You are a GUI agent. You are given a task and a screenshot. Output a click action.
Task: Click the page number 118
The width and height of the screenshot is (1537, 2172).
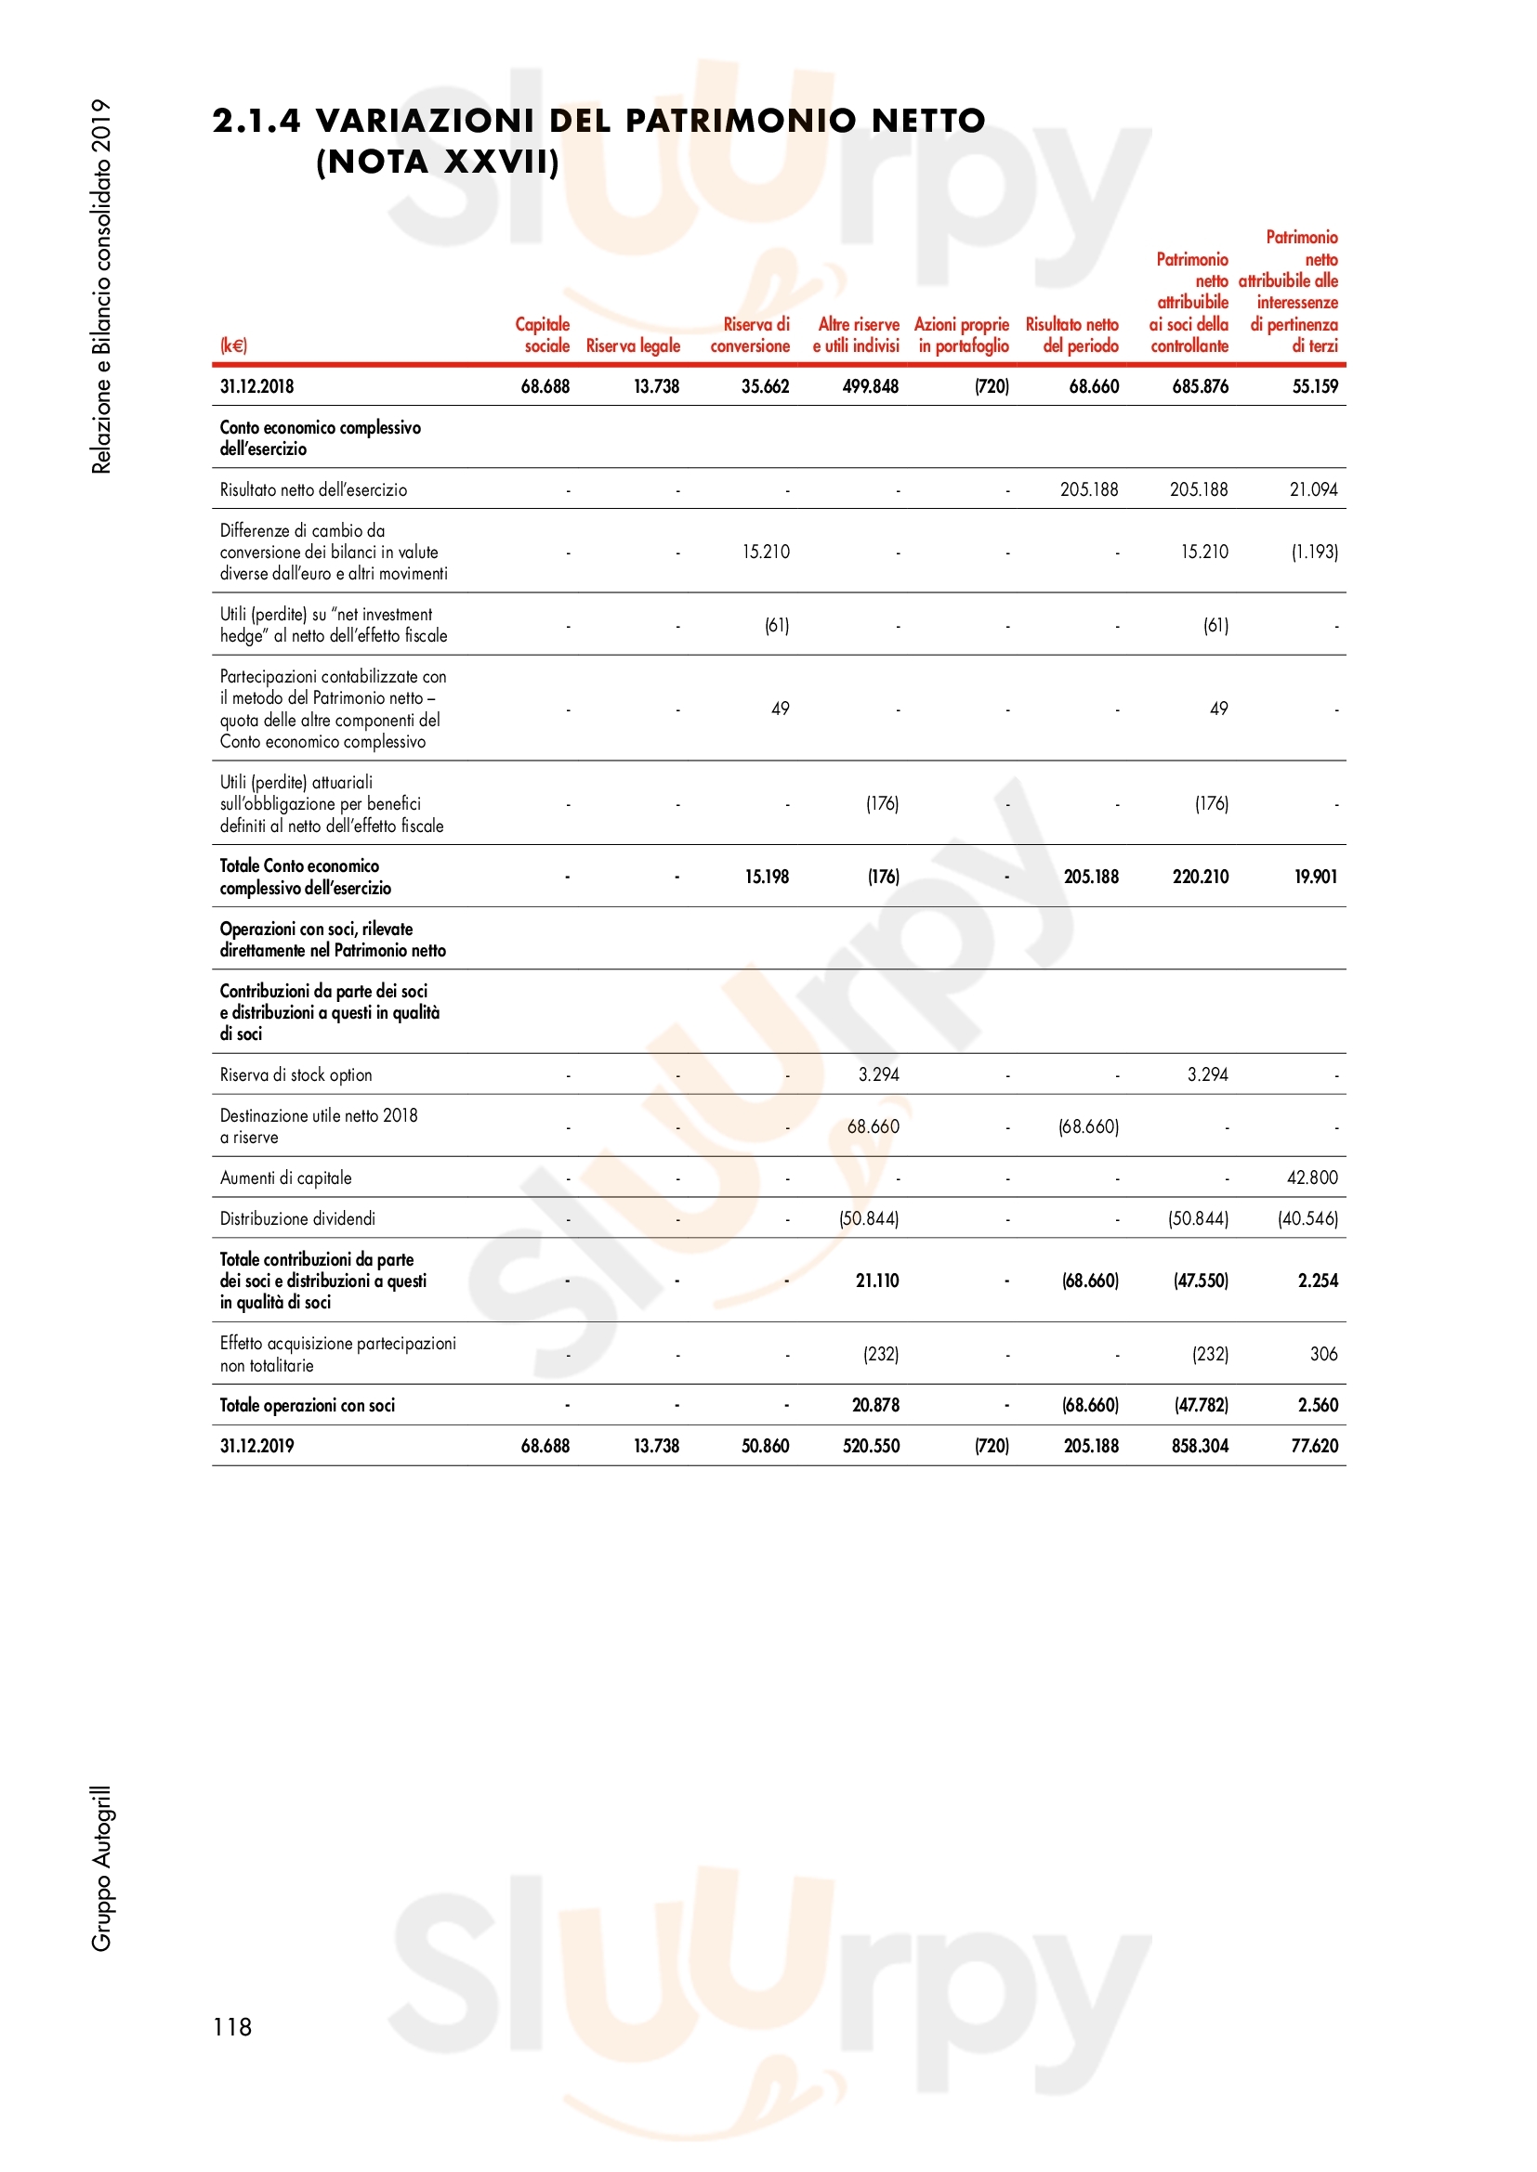pyautogui.click(x=232, y=2026)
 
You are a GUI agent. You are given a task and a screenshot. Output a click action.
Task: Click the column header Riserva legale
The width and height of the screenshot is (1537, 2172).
pyautogui.click(x=632, y=346)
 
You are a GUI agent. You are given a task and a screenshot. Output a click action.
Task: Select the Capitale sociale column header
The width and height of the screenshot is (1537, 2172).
pyautogui.click(x=544, y=335)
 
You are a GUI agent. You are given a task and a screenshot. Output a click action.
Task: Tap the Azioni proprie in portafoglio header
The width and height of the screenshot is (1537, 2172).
pyautogui.click(x=962, y=335)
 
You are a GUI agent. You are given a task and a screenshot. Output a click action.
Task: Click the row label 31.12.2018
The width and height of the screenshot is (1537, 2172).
pyautogui.click(x=256, y=386)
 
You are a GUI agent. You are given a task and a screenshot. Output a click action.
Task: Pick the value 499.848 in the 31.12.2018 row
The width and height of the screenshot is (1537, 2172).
pyautogui.click(x=870, y=386)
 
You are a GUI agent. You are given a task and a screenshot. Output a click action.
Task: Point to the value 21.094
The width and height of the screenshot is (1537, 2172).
pyautogui.click(x=1314, y=489)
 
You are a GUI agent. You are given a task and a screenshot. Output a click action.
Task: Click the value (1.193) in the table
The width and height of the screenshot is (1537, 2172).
pyautogui.click(x=1314, y=552)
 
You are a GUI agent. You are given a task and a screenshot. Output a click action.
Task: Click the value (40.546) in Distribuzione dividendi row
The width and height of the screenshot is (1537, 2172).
pyautogui.click(x=1307, y=1218)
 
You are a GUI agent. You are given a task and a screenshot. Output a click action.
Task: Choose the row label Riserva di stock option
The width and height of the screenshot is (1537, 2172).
pyautogui.click(x=296, y=1074)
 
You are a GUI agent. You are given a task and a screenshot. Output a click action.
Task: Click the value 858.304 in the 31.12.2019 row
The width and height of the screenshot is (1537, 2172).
pyautogui.click(x=1199, y=1446)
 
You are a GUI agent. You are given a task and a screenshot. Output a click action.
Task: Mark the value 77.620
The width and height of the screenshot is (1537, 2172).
pyautogui.click(x=1314, y=1446)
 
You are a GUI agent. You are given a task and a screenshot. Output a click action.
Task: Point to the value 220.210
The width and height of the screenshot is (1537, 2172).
pyautogui.click(x=1200, y=877)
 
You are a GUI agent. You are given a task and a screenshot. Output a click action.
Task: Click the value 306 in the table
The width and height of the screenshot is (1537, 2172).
pyautogui.click(x=1323, y=1354)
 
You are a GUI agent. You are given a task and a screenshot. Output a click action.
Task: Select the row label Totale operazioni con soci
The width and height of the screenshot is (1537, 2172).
pyautogui.click(x=308, y=1405)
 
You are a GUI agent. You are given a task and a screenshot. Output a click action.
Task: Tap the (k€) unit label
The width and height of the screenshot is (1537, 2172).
pyautogui.click(x=233, y=345)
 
